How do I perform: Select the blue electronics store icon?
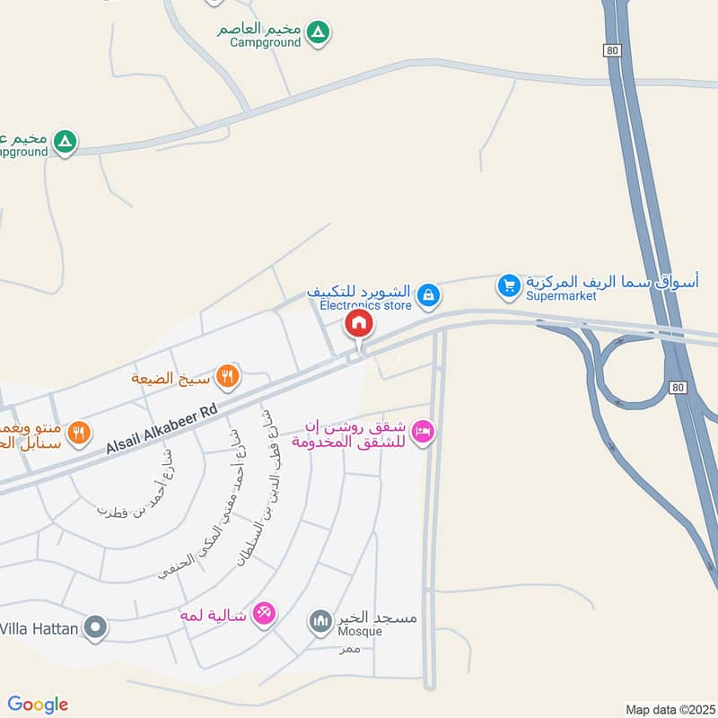pyautogui.click(x=428, y=293)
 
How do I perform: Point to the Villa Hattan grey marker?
pyautogui.click(x=96, y=628)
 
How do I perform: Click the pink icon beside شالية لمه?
pyautogui.click(x=263, y=613)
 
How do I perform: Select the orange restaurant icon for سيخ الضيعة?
pyautogui.click(x=229, y=377)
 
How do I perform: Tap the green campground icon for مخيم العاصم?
pyautogui.click(x=317, y=34)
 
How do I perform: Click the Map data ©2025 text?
pyautogui.click(x=669, y=709)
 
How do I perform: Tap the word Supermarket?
pyautogui.click(x=563, y=296)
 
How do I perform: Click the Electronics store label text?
pyautogui.click(x=365, y=305)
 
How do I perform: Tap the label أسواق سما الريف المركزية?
pyautogui.click(x=612, y=282)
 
